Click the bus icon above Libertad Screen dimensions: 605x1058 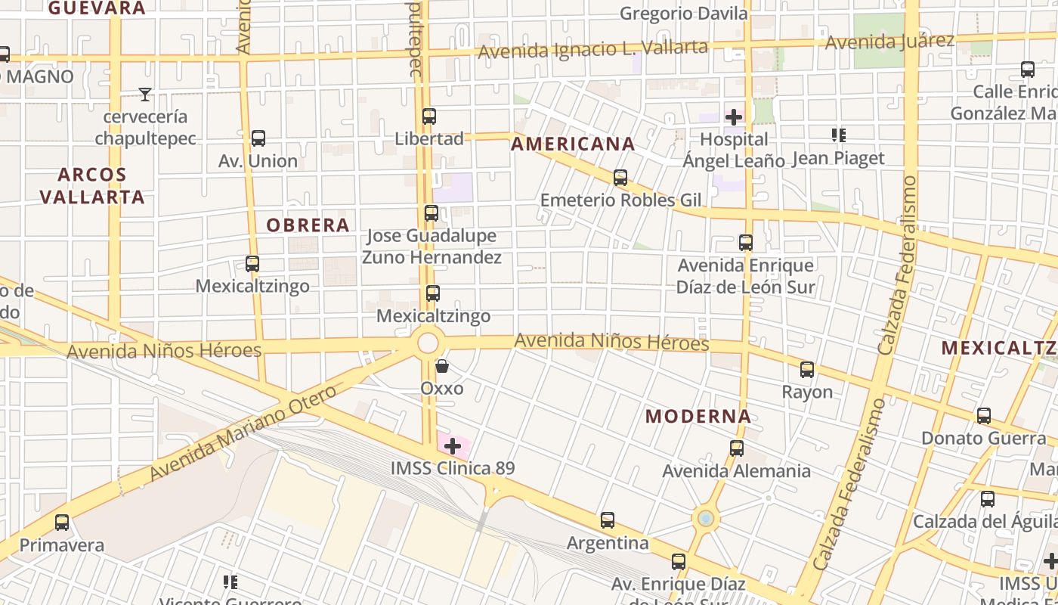pos(429,116)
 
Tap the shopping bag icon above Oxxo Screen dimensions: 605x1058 pos(442,366)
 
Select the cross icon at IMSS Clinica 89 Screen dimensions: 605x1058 pos(453,446)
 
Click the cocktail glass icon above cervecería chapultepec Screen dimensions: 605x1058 pos(145,95)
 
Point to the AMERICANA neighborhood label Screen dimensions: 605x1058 pos(573,144)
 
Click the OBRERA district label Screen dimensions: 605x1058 pos(308,225)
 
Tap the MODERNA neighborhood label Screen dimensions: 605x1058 pos(698,416)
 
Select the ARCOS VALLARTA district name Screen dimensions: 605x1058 pos(92,185)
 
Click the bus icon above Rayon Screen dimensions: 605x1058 pos(807,370)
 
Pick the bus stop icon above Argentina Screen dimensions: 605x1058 pos(608,520)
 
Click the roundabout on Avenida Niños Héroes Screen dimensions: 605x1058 pos(428,343)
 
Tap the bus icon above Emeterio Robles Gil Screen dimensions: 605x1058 pos(620,178)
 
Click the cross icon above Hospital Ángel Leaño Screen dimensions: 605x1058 pos(734,117)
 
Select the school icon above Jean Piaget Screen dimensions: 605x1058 pos(838,135)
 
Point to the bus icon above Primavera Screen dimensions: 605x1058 pos(62,523)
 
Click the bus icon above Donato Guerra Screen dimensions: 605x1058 pos(984,416)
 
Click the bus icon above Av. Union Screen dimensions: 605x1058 pos(258,138)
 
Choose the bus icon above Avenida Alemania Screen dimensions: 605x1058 pos(737,448)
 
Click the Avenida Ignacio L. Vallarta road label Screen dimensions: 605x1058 pos(593,49)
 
